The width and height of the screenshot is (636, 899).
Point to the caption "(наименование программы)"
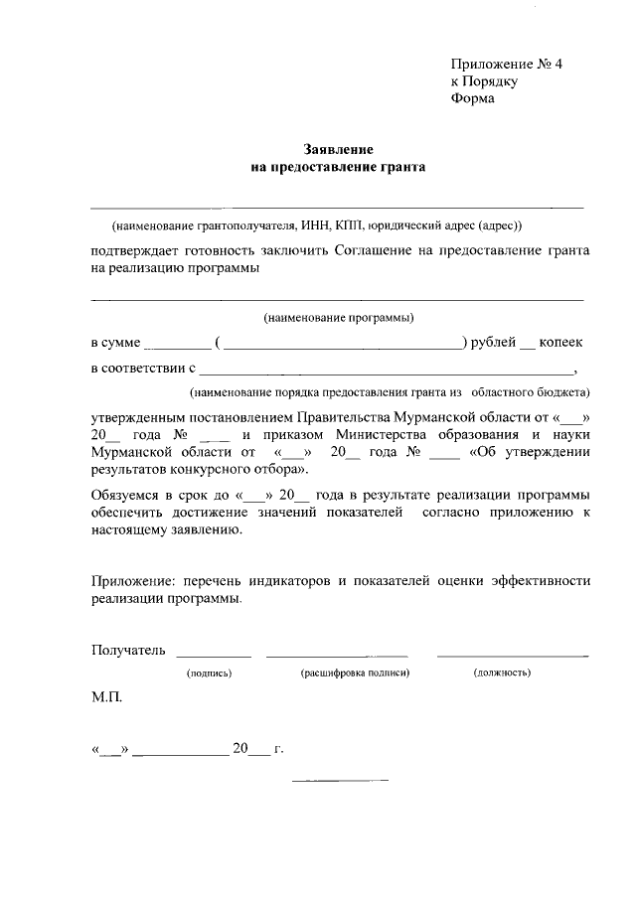[x=337, y=318]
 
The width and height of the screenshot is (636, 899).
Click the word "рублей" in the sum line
[x=494, y=343]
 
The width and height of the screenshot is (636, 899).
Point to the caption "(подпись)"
[x=210, y=674]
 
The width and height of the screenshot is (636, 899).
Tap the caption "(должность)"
[x=501, y=674]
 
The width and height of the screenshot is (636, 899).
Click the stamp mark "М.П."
[x=106, y=699]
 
